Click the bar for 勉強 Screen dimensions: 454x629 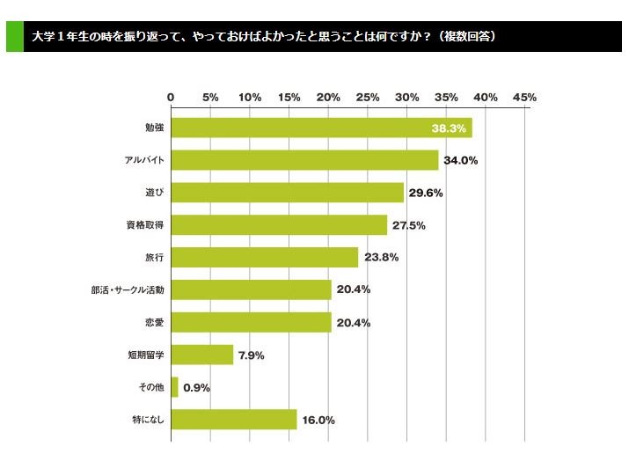[321, 128]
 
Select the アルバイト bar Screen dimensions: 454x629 [304, 160]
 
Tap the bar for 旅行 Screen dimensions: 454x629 [264, 258]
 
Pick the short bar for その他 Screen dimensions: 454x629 [174, 387]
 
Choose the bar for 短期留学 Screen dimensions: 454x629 [201, 355]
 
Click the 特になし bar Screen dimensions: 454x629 [233, 420]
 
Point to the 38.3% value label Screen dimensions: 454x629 [450, 128]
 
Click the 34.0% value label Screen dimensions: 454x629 [460, 160]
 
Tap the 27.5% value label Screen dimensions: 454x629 [408, 225]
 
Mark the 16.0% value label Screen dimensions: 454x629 [318, 421]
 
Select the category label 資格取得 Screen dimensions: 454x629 [145, 225]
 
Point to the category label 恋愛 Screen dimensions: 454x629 [155, 323]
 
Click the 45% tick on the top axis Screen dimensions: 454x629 [524, 97]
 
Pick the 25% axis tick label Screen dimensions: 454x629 [368, 97]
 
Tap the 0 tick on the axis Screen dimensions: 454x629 [171, 97]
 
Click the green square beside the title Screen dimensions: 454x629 [14, 38]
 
